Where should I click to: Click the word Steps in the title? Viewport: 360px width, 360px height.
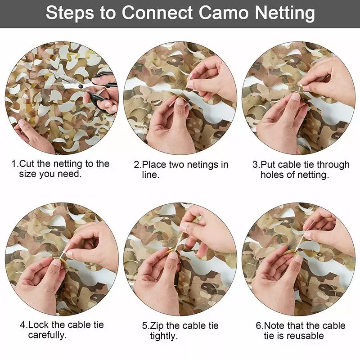pos(70,13)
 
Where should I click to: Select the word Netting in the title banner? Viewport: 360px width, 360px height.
pos(285,13)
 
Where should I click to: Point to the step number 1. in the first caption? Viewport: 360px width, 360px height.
pos(15,164)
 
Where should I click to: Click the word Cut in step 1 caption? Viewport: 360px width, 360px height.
pos(27,164)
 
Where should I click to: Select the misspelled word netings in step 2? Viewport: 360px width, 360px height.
pos(201,165)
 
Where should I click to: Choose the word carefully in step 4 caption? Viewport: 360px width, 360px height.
pos(47,335)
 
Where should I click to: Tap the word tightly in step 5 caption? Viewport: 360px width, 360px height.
pos(164,336)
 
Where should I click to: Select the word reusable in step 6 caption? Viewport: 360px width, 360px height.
pos(305,336)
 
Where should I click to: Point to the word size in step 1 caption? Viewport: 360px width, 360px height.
pos(28,174)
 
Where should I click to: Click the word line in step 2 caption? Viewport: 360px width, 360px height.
pos(151,175)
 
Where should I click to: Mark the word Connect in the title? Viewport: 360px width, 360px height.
pos(157,13)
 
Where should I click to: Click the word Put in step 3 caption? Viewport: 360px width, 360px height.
pos(268,165)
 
